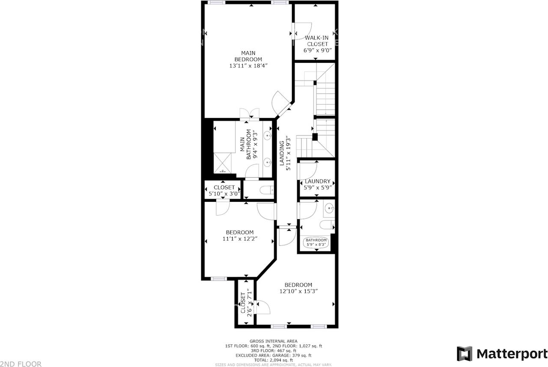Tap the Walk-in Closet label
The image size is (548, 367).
click(x=317, y=41)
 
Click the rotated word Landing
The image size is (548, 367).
click(x=282, y=153)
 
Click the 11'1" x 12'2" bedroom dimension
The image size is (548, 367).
click(x=240, y=239)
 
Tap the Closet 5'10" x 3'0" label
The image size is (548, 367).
click(x=224, y=190)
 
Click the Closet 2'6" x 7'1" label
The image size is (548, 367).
click(x=246, y=303)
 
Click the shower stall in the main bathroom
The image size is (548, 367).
click(x=223, y=163)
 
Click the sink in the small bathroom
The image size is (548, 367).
click(x=329, y=209)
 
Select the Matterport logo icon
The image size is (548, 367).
click(x=464, y=354)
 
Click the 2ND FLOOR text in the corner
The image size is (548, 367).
click(x=21, y=364)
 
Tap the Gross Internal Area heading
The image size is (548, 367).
click(x=274, y=341)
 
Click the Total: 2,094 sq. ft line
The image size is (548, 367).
click(x=274, y=360)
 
